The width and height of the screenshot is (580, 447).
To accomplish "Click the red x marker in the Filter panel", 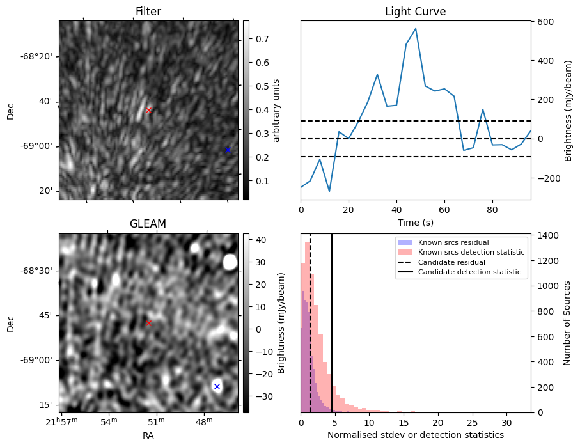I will (148, 110).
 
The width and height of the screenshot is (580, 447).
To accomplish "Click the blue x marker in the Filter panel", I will (228, 150).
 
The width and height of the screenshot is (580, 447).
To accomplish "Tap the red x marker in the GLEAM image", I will (148, 324).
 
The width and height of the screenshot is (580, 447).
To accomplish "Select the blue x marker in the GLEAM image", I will (217, 386).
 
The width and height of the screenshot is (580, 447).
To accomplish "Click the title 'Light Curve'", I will (415, 12).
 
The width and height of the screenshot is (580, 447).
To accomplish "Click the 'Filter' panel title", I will (148, 12).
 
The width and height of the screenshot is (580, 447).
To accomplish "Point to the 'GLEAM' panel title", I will (148, 224).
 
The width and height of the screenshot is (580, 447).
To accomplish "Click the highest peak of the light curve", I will (416, 29).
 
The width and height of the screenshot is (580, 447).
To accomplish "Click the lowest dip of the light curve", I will (329, 191).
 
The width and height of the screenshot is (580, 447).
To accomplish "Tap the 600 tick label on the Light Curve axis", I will (544, 22).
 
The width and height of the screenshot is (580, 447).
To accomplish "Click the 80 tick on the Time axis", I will (492, 208).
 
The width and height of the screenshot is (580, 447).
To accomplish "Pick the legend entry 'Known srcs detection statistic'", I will (471, 253).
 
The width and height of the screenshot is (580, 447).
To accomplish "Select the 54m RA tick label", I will (109, 422).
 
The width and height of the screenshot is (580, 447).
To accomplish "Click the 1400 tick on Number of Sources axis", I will (549, 235).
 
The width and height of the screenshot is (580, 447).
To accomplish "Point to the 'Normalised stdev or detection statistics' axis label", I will (415, 435).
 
